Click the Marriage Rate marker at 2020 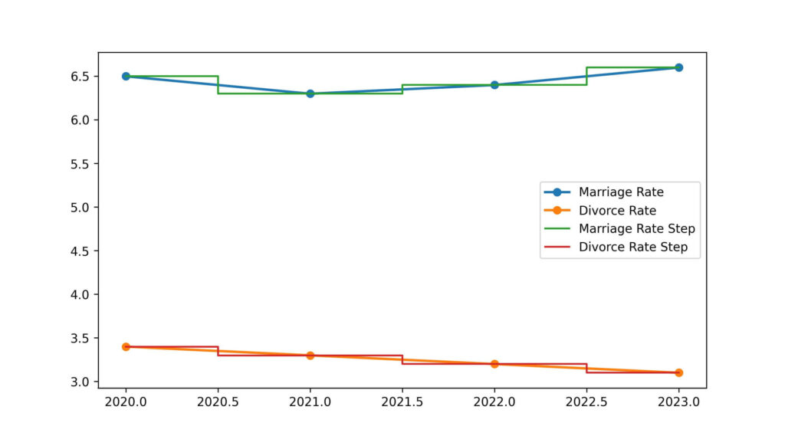(126, 77)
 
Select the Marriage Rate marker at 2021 (310, 93)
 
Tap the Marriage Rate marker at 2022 (494, 85)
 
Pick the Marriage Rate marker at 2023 (678, 67)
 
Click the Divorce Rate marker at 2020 (126, 346)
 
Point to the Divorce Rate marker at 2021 (310, 356)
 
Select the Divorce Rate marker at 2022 (494, 364)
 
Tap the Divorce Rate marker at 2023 (678, 372)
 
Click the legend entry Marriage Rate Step (636, 228)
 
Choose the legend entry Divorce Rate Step (632, 247)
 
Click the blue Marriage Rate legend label (621, 192)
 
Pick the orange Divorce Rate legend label (617, 210)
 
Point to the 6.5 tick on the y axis (81, 77)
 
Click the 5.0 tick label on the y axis (81, 208)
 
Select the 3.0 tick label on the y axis (81, 382)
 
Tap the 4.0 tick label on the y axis (81, 294)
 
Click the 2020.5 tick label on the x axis (218, 400)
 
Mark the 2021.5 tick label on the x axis (402, 400)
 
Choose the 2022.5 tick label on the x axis (586, 400)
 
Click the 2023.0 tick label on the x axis (678, 400)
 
